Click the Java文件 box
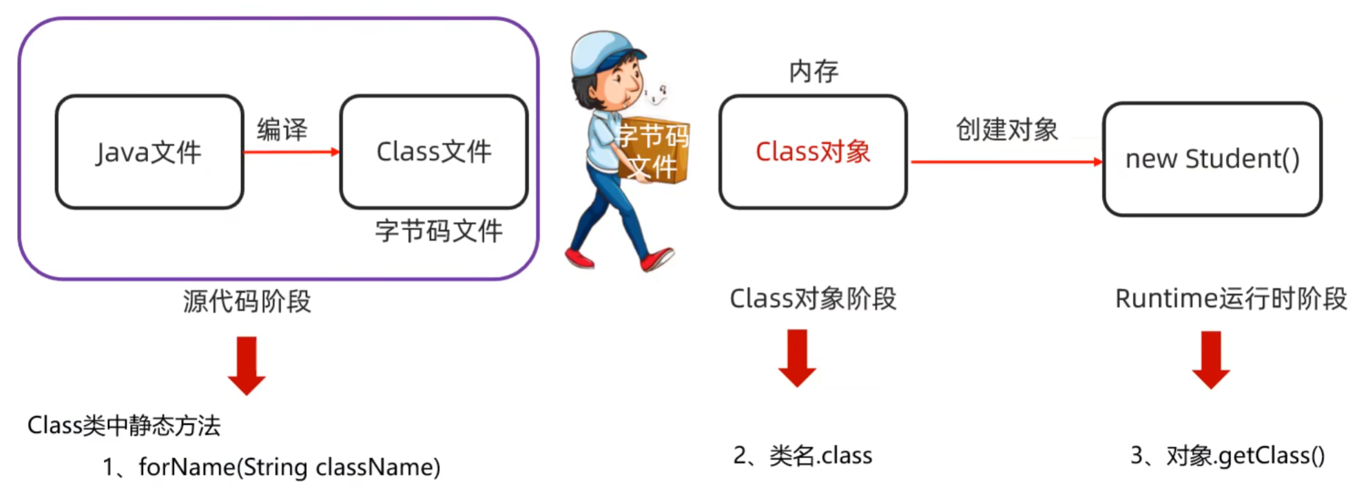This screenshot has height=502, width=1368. click(x=149, y=152)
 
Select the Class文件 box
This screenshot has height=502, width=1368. click(x=434, y=152)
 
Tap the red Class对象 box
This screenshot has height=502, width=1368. click(x=813, y=152)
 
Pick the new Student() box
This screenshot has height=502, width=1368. click(x=1212, y=159)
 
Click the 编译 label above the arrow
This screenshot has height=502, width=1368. click(x=282, y=129)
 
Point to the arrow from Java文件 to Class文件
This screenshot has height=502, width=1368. click(x=291, y=152)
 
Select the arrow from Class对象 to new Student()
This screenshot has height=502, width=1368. click(x=1006, y=162)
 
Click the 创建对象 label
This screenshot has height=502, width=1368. click(x=1006, y=129)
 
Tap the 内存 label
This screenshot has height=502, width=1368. click(x=813, y=71)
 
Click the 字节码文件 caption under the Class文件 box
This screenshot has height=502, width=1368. click(x=439, y=230)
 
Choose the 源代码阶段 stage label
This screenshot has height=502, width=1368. click(x=247, y=301)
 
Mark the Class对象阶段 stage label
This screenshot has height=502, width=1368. click(x=813, y=299)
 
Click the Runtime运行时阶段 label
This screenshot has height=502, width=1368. click(x=1231, y=299)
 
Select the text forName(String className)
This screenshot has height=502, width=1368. click(x=289, y=468)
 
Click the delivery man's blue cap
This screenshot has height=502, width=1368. click(x=603, y=52)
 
